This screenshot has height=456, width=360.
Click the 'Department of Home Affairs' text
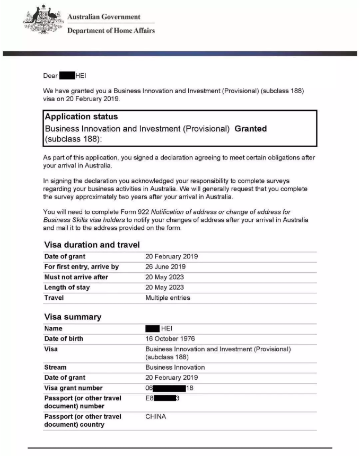point(111,31)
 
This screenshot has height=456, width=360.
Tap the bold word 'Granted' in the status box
point(250,129)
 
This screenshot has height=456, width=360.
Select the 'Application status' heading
point(81,117)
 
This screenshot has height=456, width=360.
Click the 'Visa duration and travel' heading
point(92,245)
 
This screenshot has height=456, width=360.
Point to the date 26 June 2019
point(165,267)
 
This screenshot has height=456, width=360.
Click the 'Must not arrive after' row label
point(76,277)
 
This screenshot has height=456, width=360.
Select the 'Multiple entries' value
point(167,298)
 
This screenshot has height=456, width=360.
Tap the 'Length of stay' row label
point(67,288)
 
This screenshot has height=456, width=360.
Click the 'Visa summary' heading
point(72,317)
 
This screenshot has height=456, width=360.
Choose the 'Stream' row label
point(55,367)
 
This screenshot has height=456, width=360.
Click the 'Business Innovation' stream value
point(175,367)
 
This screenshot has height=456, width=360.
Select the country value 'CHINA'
point(155,417)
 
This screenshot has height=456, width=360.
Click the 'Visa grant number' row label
point(73,388)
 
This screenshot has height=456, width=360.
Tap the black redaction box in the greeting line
point(67,76)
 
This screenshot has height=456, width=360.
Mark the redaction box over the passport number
point(164,398)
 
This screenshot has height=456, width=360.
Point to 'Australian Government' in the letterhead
point(104,17)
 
